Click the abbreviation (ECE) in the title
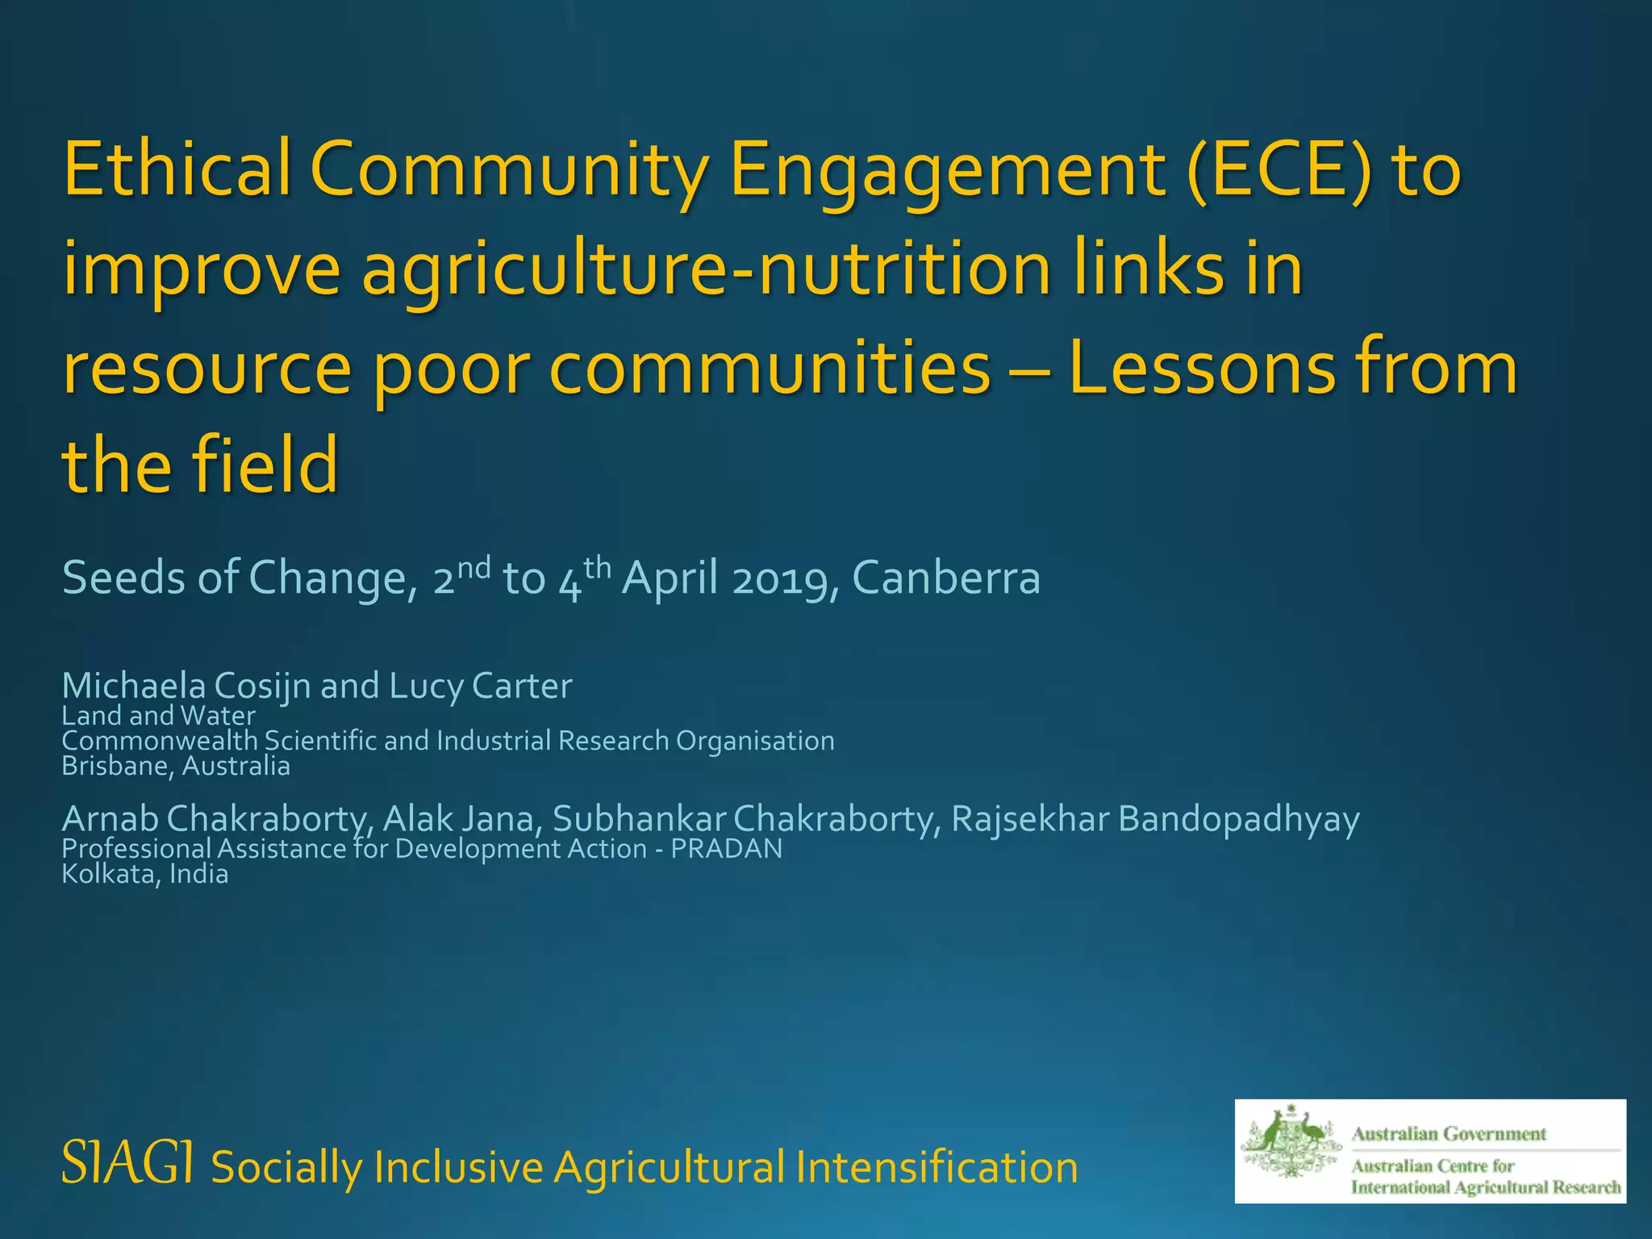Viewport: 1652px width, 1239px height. point(1279,171)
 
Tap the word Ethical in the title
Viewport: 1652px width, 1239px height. point(177,171)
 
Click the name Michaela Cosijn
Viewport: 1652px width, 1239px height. point(186,686)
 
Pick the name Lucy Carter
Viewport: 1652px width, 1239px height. point(481,686)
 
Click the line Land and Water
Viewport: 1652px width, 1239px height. point(159,715)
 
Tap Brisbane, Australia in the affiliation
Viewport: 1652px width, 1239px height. point(176,766)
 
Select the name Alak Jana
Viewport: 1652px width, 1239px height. point(458,819)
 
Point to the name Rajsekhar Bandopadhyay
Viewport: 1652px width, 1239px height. point(1155,819)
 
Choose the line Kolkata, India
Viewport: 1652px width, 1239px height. point(145,874)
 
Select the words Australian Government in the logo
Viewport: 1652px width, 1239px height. point(1449,1134)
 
